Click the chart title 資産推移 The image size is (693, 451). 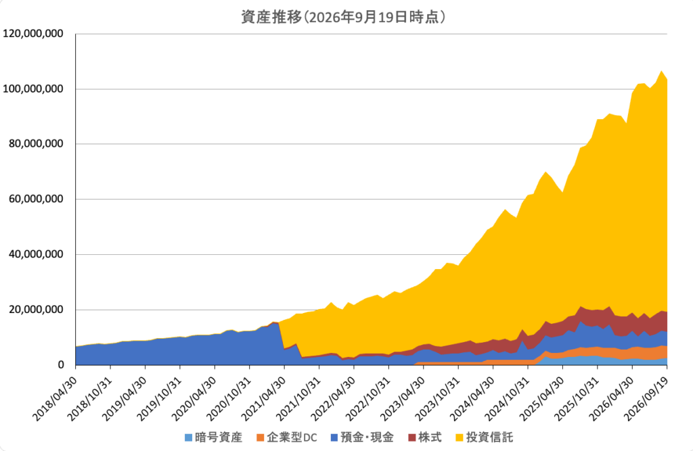click(x=271, y=17)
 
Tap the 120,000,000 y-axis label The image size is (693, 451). click(x=33, y=34)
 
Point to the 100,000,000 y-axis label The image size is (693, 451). click(x=33, y=89)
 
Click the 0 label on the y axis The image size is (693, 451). click(x=61, y=365)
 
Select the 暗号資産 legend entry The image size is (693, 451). click(x=213, y=437)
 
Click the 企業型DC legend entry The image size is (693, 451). click(x=287, y=437)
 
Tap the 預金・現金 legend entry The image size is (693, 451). click(x=362, y=437)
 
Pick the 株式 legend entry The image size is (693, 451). click(x=425, y=437)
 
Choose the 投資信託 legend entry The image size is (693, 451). click(x=484, y=437)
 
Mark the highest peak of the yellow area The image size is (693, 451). click(x=661, y=71)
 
